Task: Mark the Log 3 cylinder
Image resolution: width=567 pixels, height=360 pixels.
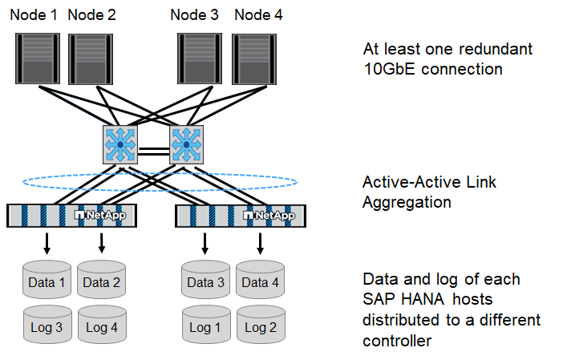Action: point(47,326)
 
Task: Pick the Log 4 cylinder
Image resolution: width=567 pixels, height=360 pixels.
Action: point(101,326)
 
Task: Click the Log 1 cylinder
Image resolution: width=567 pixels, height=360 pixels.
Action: point(206,326)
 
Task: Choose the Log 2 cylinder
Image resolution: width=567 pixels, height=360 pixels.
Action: point(261,326)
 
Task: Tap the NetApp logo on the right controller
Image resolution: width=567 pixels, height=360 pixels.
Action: point(269,215)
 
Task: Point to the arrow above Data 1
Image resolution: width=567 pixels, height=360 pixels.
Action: point(47,241)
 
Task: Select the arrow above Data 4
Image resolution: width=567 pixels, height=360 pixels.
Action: point(261,241)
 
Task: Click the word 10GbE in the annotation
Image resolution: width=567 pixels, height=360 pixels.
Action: point(389,69)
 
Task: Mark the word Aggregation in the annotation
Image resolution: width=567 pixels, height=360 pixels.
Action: point(407,202)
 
